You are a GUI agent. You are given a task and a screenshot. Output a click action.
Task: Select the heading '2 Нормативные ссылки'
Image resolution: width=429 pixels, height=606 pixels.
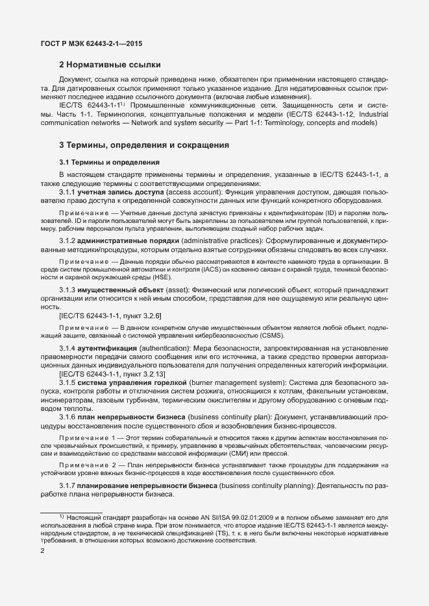(x=110, y=65)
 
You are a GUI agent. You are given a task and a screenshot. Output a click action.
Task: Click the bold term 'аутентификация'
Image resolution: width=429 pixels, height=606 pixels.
(x=108, y=349)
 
